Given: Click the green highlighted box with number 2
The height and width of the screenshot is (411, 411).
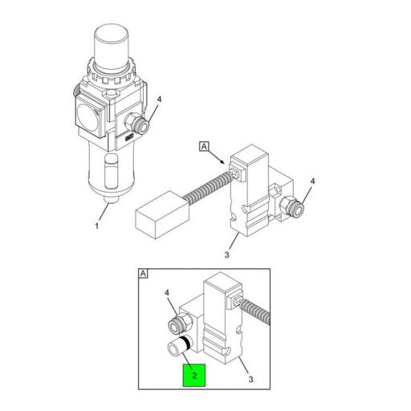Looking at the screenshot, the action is point(194,375).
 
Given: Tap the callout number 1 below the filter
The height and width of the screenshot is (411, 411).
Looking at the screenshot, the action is point(97,226).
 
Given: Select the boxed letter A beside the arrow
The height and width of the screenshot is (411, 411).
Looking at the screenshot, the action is point(204,147).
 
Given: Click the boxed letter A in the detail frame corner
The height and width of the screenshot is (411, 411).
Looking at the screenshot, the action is point(143,274).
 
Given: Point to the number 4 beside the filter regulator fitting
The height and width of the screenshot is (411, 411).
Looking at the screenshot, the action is point(159,100).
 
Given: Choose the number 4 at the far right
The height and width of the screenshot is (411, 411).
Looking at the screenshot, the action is point(312,181).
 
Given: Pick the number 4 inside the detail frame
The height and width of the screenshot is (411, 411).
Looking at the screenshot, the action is point(167,293).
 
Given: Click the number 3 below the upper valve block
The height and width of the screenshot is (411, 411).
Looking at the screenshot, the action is point(226,254).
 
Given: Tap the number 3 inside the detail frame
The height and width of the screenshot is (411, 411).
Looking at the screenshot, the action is point(250,379).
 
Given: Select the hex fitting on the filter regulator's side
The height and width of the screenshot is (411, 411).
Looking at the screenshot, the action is point(136,124).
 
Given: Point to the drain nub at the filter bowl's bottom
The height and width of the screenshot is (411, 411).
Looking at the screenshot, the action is point(111,200).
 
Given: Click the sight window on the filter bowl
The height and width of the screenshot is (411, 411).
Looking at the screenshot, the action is point(112,171).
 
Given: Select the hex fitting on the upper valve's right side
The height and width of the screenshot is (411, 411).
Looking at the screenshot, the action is point(292,207).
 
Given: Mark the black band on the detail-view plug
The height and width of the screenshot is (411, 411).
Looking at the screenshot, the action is point(185,343).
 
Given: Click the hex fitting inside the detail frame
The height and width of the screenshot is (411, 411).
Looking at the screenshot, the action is point(181,324).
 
